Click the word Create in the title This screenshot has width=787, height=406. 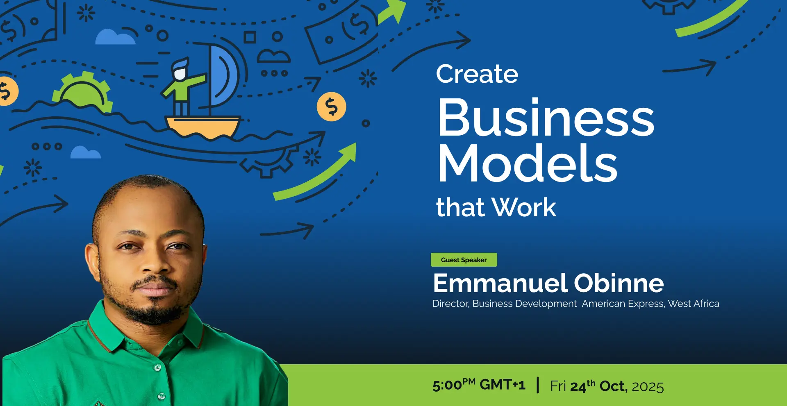(x=477, y=74)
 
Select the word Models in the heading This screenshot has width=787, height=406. (x=528, y=163)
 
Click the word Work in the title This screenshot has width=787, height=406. (x=524, y=207)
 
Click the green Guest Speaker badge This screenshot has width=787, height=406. (x=464, y=260)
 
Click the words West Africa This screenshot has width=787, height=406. (x=694, y=304)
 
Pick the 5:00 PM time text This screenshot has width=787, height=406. (x=454, y=385)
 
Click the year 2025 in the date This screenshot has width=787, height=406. (x=648, y=387)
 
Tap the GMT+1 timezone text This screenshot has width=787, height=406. (x=503, y=385)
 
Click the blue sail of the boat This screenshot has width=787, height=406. (x=223, y=76)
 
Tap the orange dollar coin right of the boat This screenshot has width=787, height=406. (x=331, y=107)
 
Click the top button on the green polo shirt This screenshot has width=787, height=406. (x=157, y=367)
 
